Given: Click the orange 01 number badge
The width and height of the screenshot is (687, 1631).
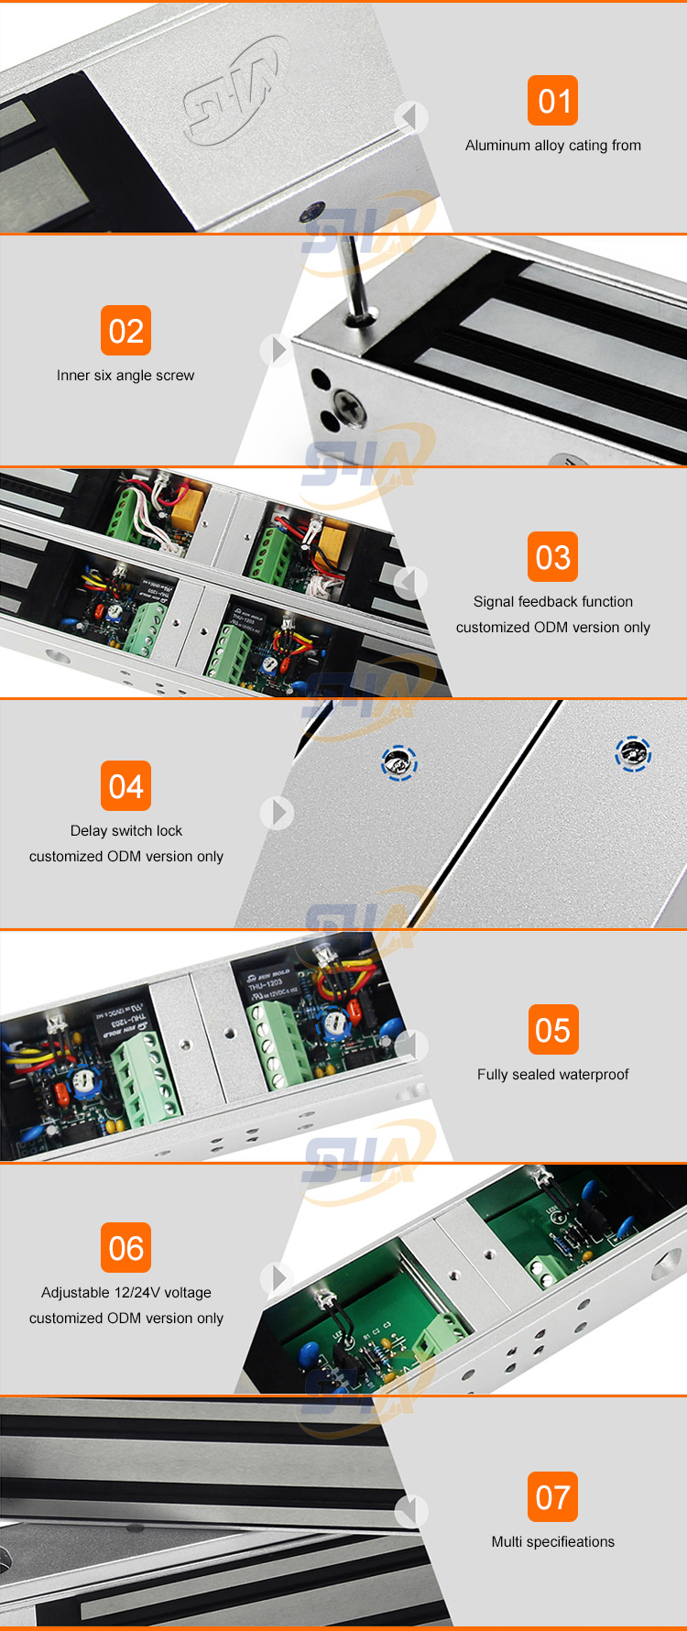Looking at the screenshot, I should [x=552, y=101].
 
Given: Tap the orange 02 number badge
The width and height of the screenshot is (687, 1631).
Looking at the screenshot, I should [x=125, y=331].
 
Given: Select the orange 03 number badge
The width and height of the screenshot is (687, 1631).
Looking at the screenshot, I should [x=552, y=557].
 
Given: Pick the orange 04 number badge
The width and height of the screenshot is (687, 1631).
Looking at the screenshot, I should [x=125, y=786].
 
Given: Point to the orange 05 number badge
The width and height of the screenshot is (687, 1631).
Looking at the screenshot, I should [x=552, y=1030].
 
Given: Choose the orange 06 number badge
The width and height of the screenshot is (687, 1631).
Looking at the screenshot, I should [x=125, y=1248].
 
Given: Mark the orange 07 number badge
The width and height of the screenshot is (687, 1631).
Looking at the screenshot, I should [x=552, y=1497].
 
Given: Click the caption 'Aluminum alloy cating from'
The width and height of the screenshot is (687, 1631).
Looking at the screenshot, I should [x=552, y=146].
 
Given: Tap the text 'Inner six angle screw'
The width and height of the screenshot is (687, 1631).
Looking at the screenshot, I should [x=125, y=376].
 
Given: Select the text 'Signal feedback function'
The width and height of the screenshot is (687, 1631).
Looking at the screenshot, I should [x=552, y=602].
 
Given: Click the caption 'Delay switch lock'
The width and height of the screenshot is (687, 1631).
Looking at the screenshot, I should [x=125, y=831].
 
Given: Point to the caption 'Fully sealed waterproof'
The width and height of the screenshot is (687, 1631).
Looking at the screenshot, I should [x=552, y=1075].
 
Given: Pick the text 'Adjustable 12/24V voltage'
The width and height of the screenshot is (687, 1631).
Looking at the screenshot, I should [x=125, y=1293].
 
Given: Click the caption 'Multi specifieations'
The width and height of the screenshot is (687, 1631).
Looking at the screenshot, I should [x=552, y=1542].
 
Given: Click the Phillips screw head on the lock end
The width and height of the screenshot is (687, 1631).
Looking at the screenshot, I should [x=348, y=403].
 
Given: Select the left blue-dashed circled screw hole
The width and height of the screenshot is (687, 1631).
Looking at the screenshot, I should [x=399, y=762].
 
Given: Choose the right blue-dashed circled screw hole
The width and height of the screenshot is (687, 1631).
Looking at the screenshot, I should [x=633, y=754].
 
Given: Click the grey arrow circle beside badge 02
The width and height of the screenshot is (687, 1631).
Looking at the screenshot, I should [x=278, y=350].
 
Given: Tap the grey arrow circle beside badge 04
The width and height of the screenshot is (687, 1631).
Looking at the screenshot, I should [x=278, y=812].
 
